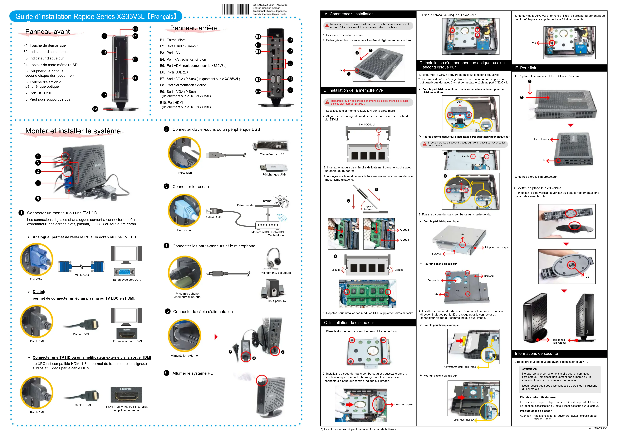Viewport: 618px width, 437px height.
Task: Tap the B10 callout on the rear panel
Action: (x=258, y=92)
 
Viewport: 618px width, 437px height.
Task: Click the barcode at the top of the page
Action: (x=236, y=9)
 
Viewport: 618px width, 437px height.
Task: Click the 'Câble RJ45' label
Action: (x=214, y=217)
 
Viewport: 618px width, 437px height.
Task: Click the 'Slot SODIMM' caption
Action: (x=366, y=125)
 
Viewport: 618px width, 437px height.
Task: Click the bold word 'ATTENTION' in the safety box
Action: (x=529, y=369)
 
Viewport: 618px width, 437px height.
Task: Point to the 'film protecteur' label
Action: (x=541, y=139)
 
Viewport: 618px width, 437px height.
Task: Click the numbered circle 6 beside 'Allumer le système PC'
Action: (x=166, y=373)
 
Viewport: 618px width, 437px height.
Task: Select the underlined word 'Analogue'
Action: (x=41, y=237)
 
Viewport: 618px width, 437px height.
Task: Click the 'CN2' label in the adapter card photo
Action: (x=460, y=103)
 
